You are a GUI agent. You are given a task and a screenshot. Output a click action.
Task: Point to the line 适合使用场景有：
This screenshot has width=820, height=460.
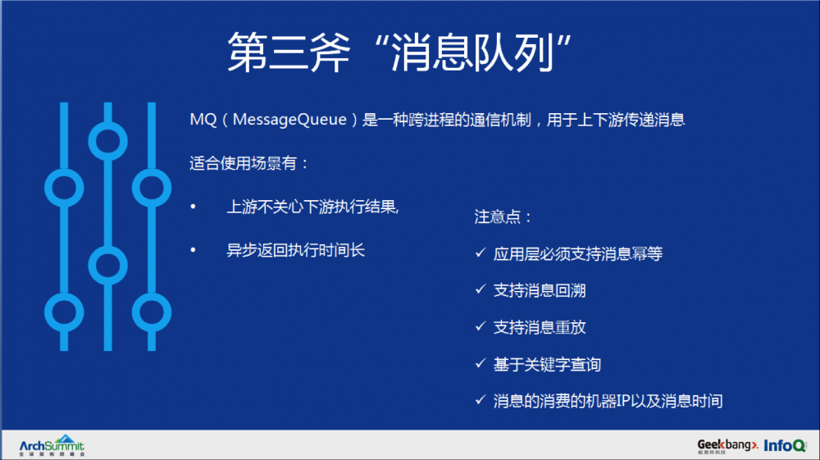(249, 163)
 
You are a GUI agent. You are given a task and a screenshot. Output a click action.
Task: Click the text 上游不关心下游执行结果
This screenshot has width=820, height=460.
(312, 207)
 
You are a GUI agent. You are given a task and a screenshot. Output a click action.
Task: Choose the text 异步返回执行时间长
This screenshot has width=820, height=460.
(295, 250)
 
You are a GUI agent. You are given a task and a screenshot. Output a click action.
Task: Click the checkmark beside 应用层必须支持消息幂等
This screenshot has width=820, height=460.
(481, 254)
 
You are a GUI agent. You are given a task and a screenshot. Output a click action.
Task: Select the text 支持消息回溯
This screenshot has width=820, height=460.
(540, 290)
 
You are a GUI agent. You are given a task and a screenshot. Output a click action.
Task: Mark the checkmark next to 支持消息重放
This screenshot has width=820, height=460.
(481, 326)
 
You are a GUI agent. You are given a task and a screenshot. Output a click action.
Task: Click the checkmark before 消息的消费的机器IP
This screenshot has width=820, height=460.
(481, 400)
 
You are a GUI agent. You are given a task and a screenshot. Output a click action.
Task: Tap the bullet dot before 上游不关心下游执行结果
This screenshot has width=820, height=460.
(194, 207)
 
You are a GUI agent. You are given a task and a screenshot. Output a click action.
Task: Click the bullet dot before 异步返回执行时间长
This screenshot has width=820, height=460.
(194, 250)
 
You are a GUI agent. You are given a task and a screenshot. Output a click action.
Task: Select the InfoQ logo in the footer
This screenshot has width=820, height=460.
(785, 445)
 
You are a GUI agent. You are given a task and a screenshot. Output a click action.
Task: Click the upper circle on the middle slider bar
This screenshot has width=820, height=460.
(107, 141)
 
